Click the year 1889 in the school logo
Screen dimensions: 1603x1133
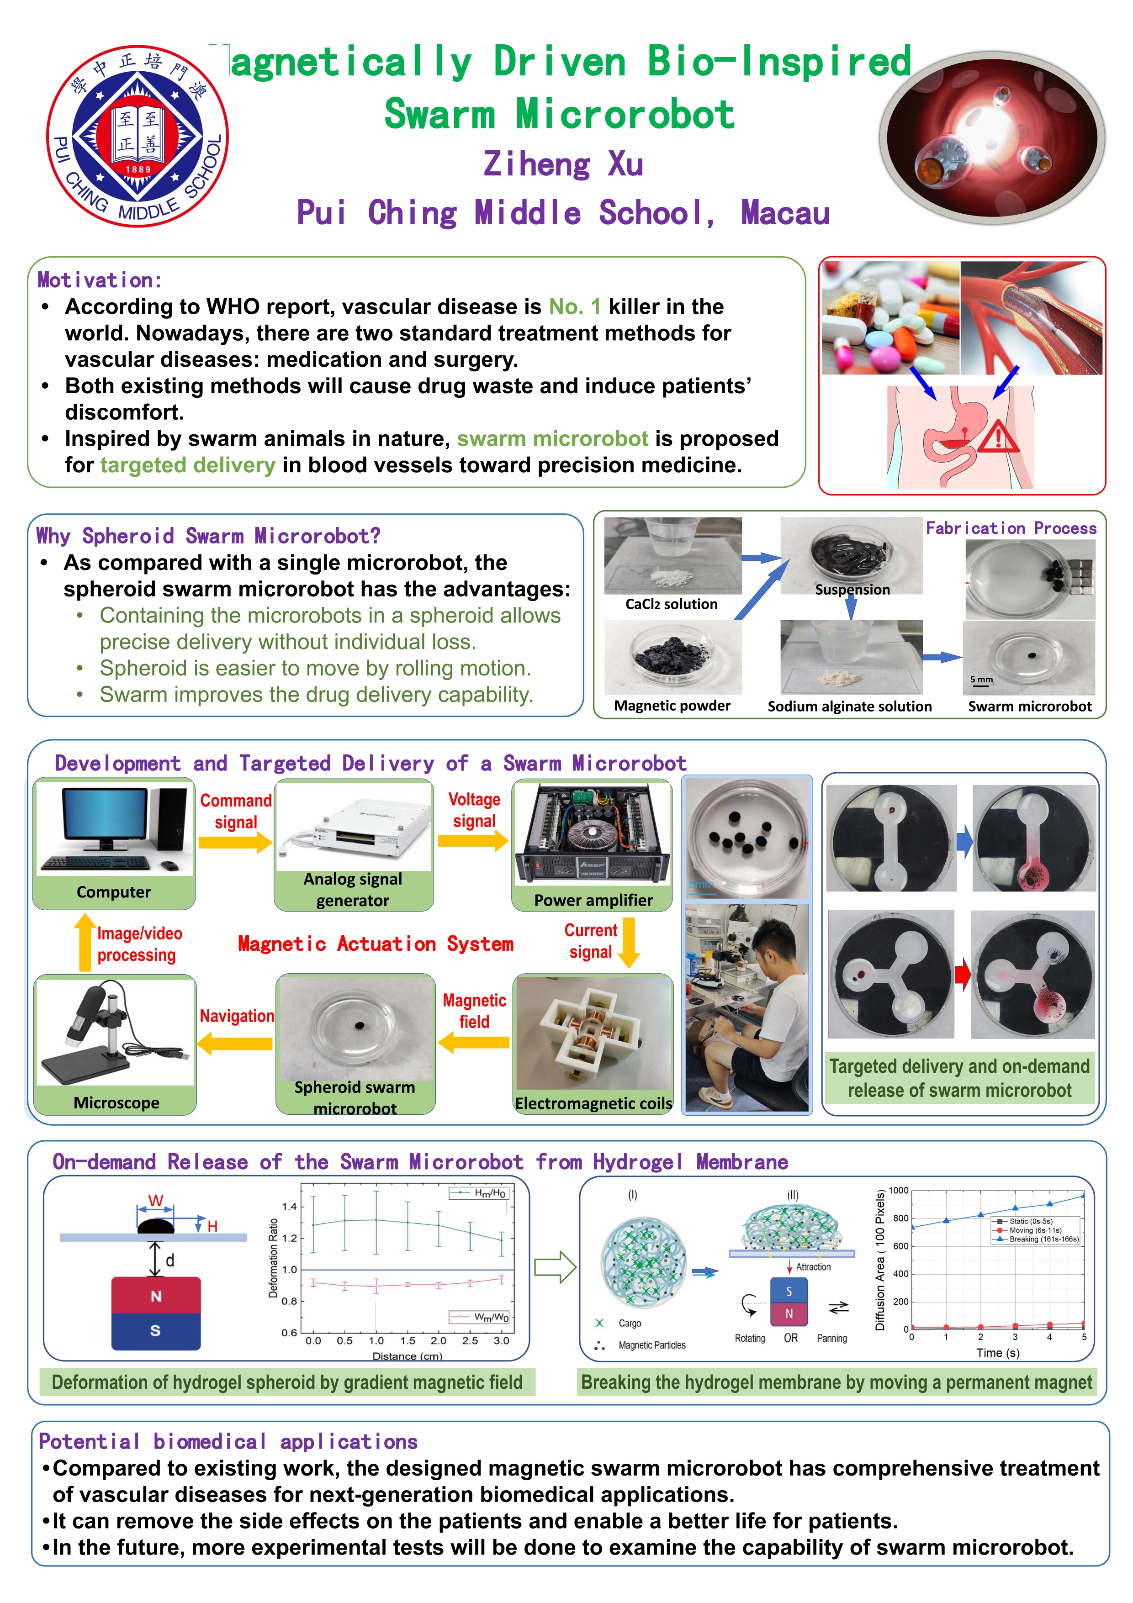click(x=138, y=169)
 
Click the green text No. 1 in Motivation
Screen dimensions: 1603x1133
click(x=574, y=306)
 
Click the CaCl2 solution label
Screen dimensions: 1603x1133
click(x=671, y=604)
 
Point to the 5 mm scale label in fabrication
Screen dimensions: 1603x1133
click(x=981, y=679)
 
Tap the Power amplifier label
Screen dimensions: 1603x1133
click(x=593, y=900)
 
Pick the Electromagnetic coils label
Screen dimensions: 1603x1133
click(x=593, y=1103)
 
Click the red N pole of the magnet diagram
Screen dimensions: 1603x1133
click(x=156, y=1296)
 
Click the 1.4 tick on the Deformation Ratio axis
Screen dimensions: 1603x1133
click(x=289, y=1207)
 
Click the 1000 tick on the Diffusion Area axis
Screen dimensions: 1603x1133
click(x=898, y=1191)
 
